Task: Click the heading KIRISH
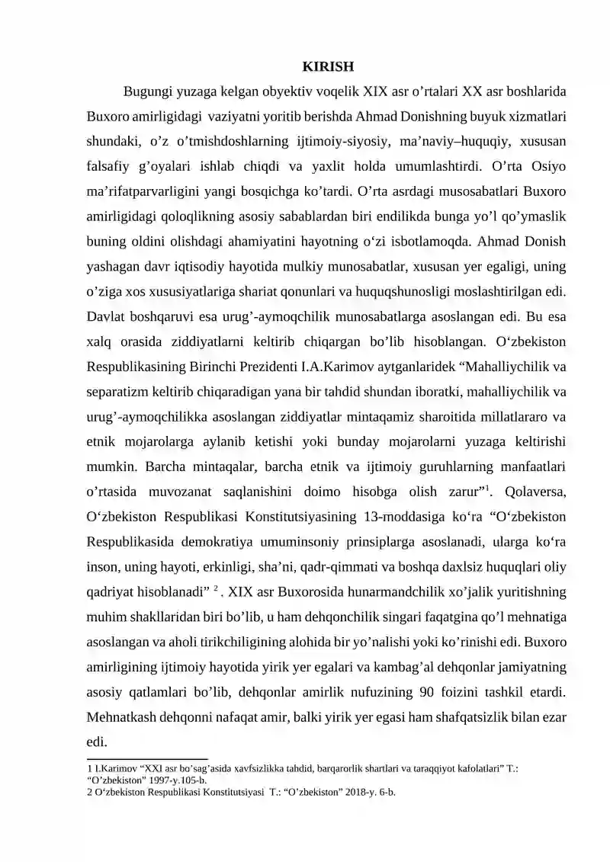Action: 328,66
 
